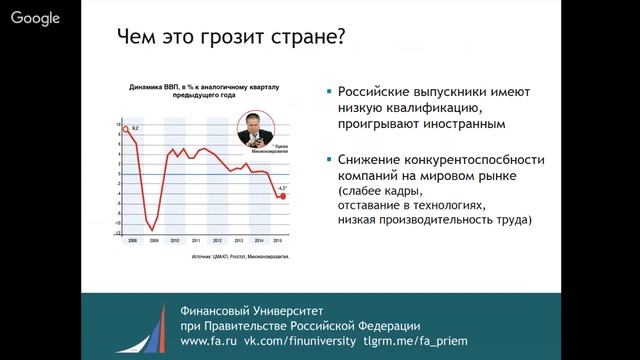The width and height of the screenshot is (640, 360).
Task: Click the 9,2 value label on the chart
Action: pyautogui.click(x=134, y=128)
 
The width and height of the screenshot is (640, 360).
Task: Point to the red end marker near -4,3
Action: pyautogui.click(x=283, y=196)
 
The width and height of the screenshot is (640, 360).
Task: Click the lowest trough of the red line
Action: pyautogui.click(x=152, y=230)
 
